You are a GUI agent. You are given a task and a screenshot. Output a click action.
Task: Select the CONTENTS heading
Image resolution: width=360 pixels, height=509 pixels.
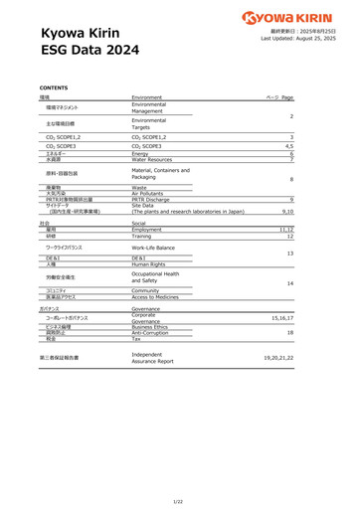(56, 87)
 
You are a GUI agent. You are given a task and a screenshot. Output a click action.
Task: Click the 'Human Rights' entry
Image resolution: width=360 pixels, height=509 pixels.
(148, 264)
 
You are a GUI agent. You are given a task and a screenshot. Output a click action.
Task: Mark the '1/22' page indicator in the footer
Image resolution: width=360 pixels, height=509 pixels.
(179, 500)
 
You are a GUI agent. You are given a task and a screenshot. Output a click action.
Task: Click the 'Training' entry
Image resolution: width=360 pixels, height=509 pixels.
(143, 237)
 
